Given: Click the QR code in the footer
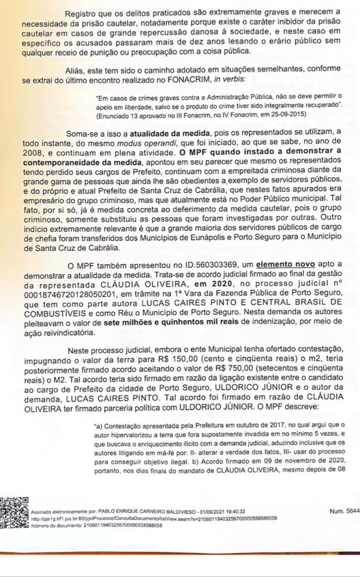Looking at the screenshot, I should click(x=13, y=514).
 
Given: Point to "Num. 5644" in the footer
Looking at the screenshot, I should click(x=345, y=511).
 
